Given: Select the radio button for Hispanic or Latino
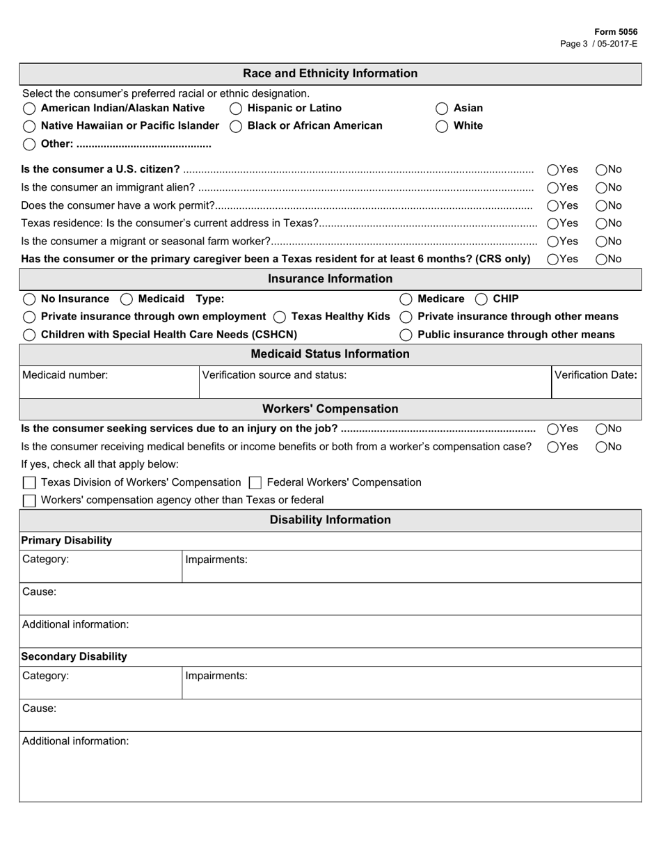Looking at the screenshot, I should click(236, 109).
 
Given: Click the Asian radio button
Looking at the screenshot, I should click(442, 109).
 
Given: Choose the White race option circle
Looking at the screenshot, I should click(442, 126).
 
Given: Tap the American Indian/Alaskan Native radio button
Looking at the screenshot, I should click(29, 109).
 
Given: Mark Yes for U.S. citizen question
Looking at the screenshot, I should click(553, 170).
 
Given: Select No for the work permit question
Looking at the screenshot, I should click(601, 205).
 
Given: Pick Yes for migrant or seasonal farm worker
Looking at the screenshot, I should click(553, 241).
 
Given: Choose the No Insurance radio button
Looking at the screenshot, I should click(29, 299).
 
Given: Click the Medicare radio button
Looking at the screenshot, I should click(406, 299).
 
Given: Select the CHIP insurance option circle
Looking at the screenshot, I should click(481, 299).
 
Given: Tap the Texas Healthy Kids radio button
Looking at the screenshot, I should click(279, 317).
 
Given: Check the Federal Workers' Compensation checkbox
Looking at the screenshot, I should click(255, 483).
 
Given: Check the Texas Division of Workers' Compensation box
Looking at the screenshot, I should click(29, 483).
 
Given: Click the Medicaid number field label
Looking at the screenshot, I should click(65, 375).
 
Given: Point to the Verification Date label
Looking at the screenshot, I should click(596, 375).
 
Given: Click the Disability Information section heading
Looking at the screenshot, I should click(330, 520).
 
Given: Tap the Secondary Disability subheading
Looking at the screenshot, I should click(74, 656).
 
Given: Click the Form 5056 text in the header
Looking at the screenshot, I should click(615, 32).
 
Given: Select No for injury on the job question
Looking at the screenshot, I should click(601, 429).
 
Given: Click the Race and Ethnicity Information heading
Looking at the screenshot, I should click(330, 74).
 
